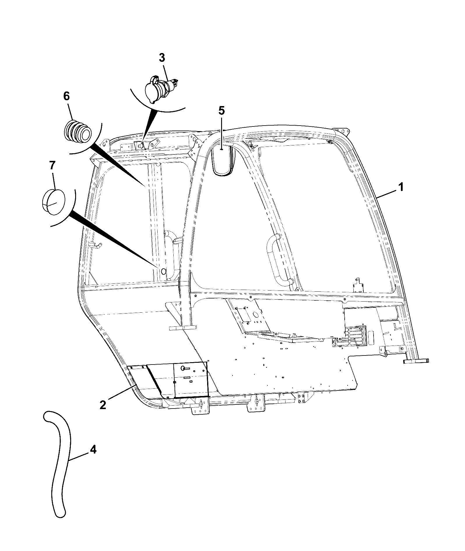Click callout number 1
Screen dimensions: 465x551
point(401,187)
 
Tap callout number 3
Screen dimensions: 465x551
point(162,58)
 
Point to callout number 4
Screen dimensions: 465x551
point(93,450)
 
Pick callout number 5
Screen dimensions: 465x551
point(221,111)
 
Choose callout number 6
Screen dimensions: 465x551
point(66,96)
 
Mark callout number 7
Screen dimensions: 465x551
point(52,166)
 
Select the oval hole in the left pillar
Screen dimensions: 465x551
point(163,271)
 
